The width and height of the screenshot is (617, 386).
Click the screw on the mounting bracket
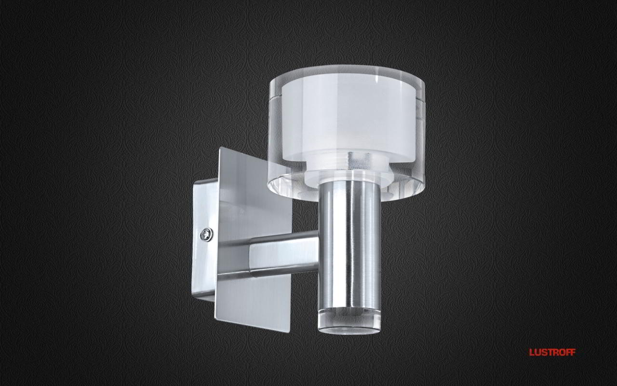click(x=207, y=235)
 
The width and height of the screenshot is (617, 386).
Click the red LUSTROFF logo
click(x=552, y=352)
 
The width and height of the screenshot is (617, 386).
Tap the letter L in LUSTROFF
click(x=532, y=352)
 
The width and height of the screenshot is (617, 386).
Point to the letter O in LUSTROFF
click(x=561, y=352)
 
